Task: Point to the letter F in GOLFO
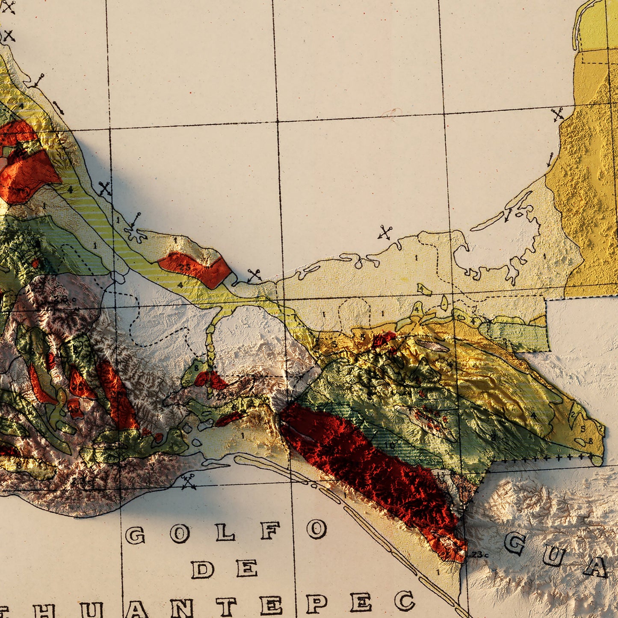tap(270, 531)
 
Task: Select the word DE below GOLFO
tap(224, 570)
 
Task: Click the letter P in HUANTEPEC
tap(317, 603)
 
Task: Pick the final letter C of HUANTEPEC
tap(404, 601)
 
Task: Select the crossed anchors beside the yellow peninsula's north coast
tap(557, 114)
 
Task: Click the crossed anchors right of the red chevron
tap(254, 275)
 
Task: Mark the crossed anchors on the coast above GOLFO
tap(189, 482)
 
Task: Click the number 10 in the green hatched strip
tap(390, 445)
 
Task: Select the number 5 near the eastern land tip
tap(583, 429)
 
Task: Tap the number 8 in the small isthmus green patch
tap(196, 367)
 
